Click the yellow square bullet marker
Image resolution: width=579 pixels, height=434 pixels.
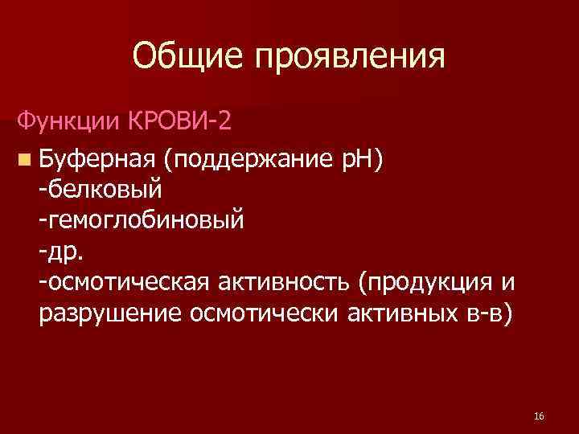pyautogui.click(x=26, y=157)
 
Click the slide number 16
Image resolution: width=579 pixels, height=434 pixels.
pyautogui.click(x=539, y=416)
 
